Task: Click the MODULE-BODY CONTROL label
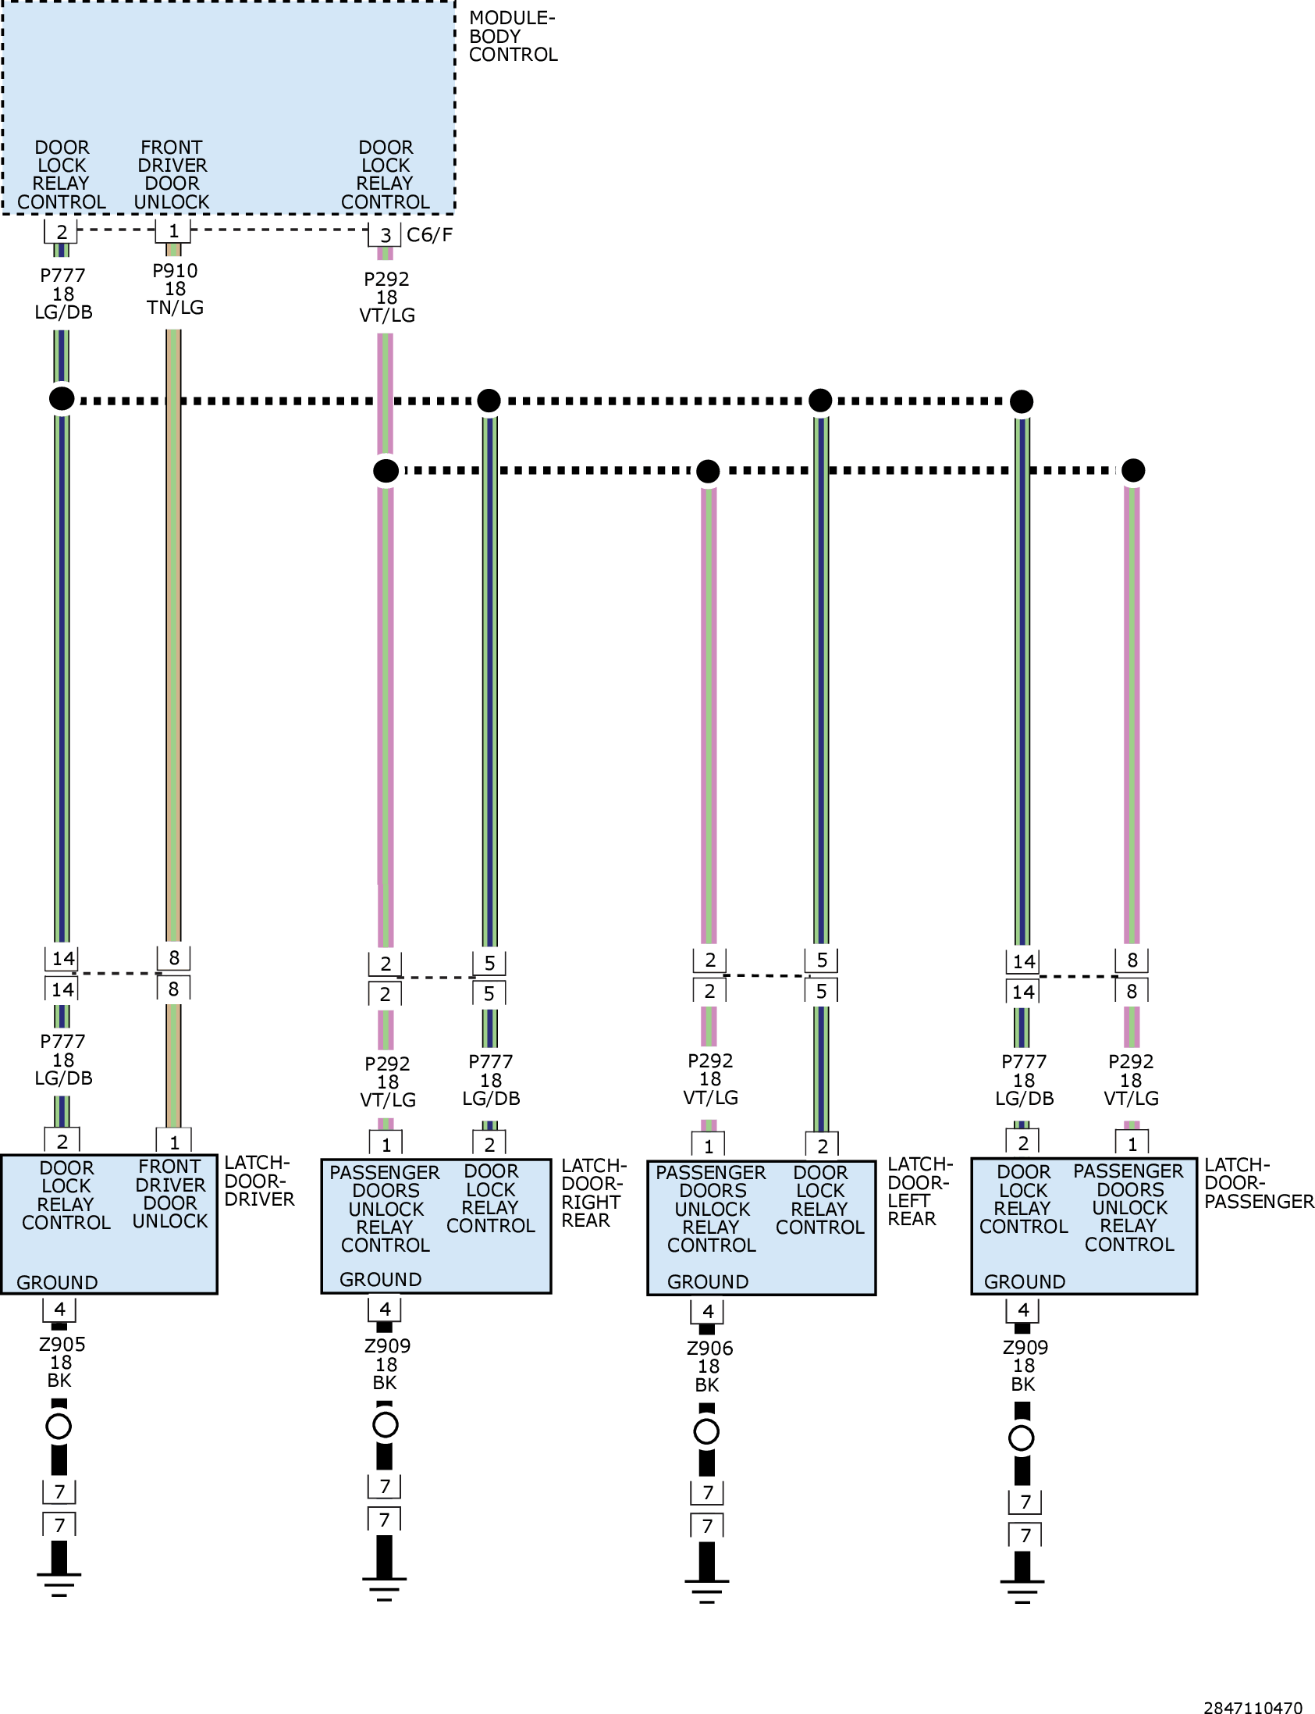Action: pyautogui.click(x=513, y=36)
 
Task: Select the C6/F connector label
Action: pyautogui.click(x=430, y=234)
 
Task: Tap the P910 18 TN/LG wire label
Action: pyautogui.click(x=175, y=289)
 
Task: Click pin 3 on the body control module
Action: pyautogui.click(x=385, y=235)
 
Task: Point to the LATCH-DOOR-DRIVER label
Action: pyautogui.click(x=259, y=1181)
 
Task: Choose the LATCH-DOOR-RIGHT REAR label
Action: pyautogui.click(x=594, y=1192)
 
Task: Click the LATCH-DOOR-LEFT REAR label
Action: pyautogui.click(x=919, y=1191)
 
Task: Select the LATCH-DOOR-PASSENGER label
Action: pyautogui.click(x=1259, y=1182)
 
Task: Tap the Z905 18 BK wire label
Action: pyautogui.click(x=62, y=1363)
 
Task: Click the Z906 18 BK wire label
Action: pyautogui.click(x=709, y=1367)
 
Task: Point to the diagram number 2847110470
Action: pyautogui.click(x=1253, y=1702)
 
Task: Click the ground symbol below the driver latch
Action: pyautogui.click(x=59, y=1584)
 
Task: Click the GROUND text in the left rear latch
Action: pyautogui.click(x=708, y=1281)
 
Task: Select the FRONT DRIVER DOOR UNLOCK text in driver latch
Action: pyautogui.click(x=170, y=1194)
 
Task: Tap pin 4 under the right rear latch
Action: pyautogui.click(x=384, y=1310)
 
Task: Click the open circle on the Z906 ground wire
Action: pyautogui.click(x=706, y=1431)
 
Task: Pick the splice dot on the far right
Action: pyautogui.click(x=1132, y=470)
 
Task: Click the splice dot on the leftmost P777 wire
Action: pyautogui.click(x=62, y=397)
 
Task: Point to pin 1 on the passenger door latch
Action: pyautogui.click(x=1132, y=1144)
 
